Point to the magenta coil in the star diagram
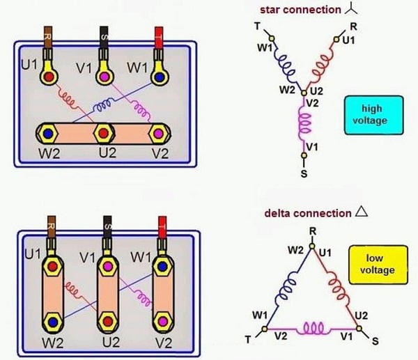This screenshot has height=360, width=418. click(304, 125)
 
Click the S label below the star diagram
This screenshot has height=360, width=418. click(304, 173)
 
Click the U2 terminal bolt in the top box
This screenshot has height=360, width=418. click(103, 132)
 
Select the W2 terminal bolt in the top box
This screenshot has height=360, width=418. click(48, 132)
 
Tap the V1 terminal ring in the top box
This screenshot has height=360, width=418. click(104, 76)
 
